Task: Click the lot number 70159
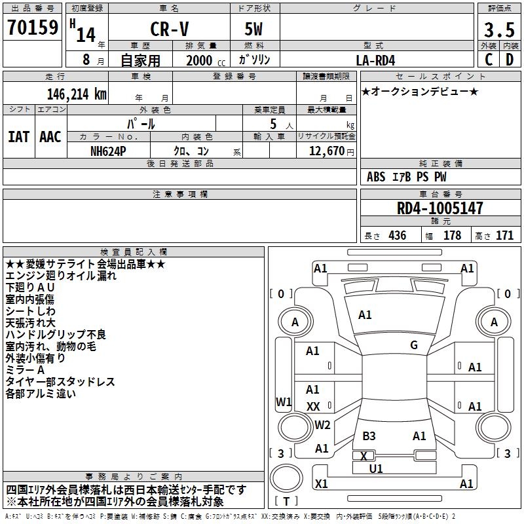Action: (33, 28)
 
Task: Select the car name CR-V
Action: (170, 29)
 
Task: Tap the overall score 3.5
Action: (499, 30)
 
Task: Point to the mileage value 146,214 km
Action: (77, 94)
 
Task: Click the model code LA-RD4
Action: (375, 60)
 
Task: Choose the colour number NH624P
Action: (108, 151)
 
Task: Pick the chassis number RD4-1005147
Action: (440, 208)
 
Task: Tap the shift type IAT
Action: (19, 137)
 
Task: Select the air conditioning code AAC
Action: (50, 137)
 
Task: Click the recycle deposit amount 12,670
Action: (327, 151)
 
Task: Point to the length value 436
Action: (398, 236)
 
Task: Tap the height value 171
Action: (504, 236)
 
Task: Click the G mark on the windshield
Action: (414, 345)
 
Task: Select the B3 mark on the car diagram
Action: (369, 436)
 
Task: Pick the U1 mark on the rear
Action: (376, 468)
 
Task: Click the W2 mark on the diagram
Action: (322, 424)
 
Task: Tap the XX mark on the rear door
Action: (313, 407)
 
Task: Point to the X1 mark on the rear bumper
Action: (322, 483)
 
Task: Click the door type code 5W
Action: (253, 29)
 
